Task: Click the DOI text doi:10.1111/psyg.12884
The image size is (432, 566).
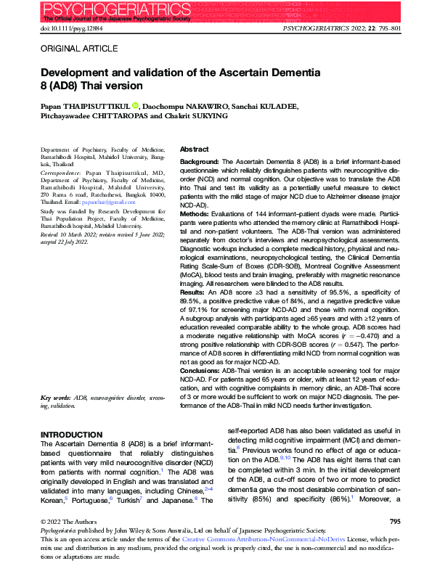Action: click(x=73, y=28)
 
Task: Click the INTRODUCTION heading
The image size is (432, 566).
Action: click(x=71, y=434)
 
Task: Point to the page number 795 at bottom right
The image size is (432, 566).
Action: click(x=395, y=521)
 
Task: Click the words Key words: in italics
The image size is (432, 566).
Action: click(x=54, y=398)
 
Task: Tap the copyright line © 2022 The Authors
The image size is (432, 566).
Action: click(x=62, y=521)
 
